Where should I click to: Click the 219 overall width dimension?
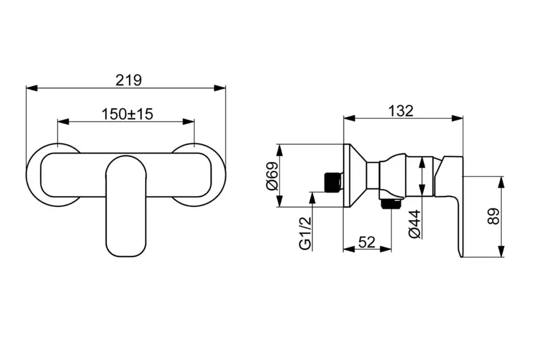[x=128, y=80]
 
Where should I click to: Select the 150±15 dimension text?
[x=127, y=115]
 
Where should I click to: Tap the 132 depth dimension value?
[x=401, y=111]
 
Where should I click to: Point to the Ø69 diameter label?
[x=272, y=176]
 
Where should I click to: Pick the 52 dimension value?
[x=367, y=242]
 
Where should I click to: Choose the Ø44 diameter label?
[x=415, y=224]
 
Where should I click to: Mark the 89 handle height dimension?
[x=493, y=217]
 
